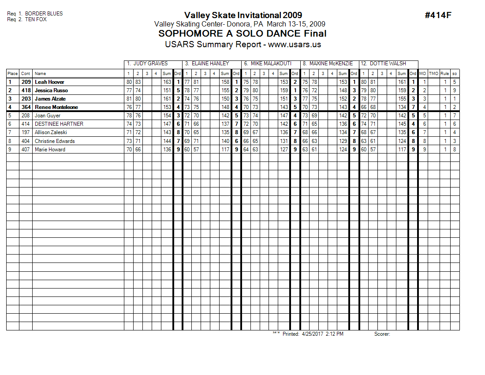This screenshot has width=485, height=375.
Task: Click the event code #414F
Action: click(x=438, y=15)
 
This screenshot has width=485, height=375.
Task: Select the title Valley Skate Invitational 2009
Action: click(x=243, y=15)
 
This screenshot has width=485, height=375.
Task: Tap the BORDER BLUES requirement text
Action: click(x=44, y=14)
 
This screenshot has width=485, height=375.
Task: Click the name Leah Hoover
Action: click(x=49, y=82)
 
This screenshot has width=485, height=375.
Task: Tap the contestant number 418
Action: click(x=26, y=90)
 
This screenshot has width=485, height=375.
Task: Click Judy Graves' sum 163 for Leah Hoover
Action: click(x=167, y=82)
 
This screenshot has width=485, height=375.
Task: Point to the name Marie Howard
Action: click(x=50, y=150)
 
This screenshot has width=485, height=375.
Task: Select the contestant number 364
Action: click(x=26, y=107)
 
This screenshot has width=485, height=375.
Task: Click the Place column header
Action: click(x=12, y=74)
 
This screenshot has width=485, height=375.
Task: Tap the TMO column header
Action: click(x=434, y=74)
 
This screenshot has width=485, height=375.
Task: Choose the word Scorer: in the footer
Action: click(x=382, y=334)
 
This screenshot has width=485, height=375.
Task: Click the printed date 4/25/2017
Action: click(x=313, y=334)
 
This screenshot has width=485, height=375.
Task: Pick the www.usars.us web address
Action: click(x=295, y=45)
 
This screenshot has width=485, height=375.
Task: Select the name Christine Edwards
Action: click(x=55, y=141)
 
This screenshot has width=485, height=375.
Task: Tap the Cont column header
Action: click(x=26, y=74)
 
